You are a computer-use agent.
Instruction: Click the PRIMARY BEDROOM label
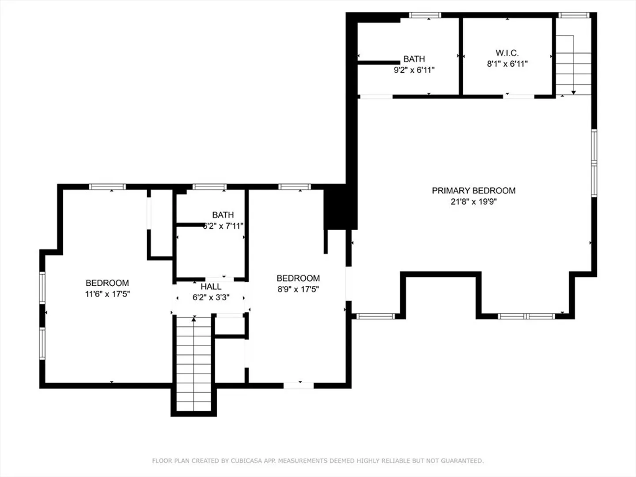[x=473, y=190]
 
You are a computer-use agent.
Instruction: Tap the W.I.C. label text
[x=507, y=53]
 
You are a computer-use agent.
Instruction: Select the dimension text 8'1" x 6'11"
[x=507, y=64]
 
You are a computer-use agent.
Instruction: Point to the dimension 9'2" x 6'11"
[x=414, y=70]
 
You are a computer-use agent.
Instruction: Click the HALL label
[x=211, y=287]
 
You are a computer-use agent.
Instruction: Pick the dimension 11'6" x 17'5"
[x=107, y=294]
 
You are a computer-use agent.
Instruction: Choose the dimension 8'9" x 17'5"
[x=298, y=289]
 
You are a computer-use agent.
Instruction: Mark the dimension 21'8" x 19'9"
[x=473, y=201]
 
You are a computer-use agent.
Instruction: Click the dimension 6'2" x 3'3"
[x=211, y=297]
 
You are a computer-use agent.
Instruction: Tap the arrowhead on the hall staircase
[x=193, y=319]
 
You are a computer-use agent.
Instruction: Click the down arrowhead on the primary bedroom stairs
[x=573, y=93]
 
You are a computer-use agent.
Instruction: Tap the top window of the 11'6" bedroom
[x=107, y=187]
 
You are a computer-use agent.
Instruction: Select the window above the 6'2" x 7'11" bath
[x=209, y=187]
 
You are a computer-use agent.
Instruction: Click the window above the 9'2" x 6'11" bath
[x=425, y=15]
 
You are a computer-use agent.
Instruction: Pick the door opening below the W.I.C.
[x=519, y=97]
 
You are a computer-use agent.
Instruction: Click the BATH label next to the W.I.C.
[x=414, y=59]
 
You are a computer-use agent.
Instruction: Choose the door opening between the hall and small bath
[x=220, y=280]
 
